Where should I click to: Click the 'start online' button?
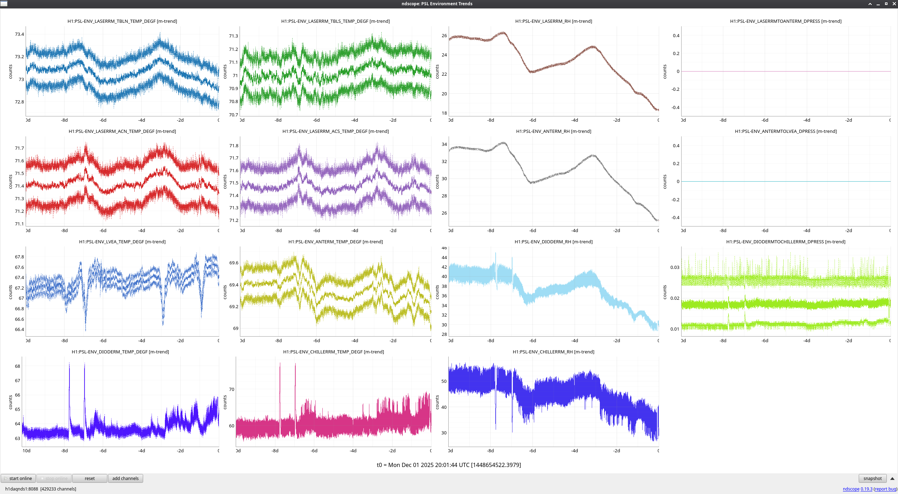pos(18,478)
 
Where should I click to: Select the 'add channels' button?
pos(125,478)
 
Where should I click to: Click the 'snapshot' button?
pos(872,478)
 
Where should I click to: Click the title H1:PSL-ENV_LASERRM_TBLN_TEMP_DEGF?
pos(122,21)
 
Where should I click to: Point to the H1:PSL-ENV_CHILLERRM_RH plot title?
pos(553,352)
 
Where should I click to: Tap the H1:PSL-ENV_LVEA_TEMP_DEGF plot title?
pos(122,242)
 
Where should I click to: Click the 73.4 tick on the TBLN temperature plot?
pos(19,34)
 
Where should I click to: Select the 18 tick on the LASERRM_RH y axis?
pos(444,113)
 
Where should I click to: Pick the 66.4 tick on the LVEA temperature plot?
pos(19,329)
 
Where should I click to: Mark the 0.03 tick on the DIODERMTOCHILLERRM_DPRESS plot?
pos(675,267)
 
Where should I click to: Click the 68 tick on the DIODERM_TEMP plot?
pos(18,366)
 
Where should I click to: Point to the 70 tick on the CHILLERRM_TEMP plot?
pos(232,389)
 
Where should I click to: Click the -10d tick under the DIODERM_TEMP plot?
pos(26,451)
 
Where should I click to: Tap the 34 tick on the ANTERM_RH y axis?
pos(444,144)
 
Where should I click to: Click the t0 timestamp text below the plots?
pos(449,465)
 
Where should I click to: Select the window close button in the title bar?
pos(894,4)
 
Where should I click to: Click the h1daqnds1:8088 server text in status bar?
pos(21,489)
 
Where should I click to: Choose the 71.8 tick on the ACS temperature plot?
pos(234,146)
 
